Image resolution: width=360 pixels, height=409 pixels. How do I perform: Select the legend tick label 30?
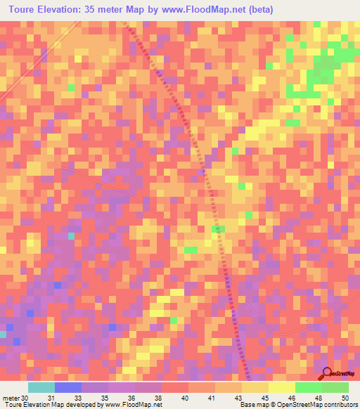click(25, 398)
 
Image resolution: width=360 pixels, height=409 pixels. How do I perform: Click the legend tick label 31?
click(55, 398)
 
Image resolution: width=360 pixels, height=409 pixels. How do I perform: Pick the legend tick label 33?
click(82, 398)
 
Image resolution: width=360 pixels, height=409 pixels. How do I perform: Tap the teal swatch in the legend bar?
click(41, 387)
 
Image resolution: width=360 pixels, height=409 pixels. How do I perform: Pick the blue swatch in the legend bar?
click(68, 387)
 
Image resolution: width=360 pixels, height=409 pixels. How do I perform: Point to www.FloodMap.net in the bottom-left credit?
click(132, 405)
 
